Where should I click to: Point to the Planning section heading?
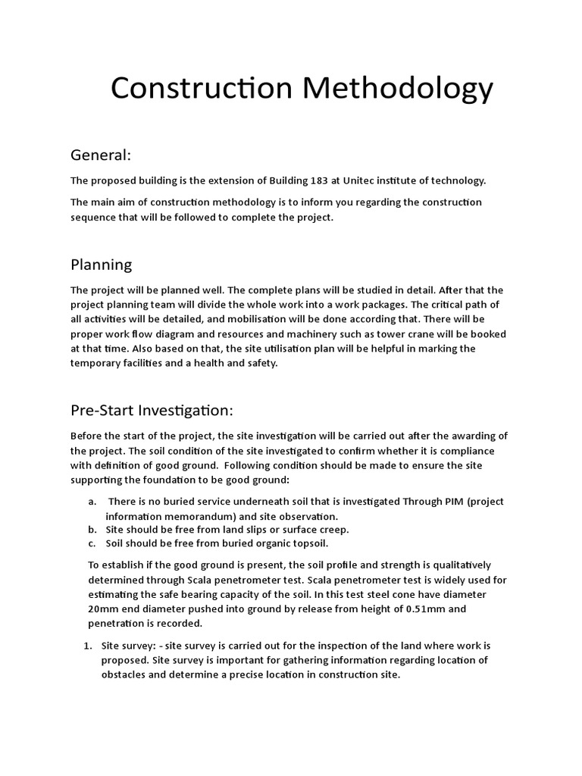(x=101, y=264)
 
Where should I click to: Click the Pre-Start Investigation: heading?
(x=152, y=410)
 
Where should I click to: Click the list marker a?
(x=92, y=502)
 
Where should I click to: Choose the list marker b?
(x=92, y=530)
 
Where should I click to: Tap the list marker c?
(x=92, y=543)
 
